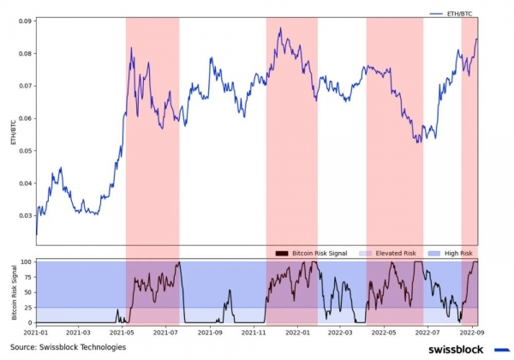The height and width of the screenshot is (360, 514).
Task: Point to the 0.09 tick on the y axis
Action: (x=25, y=21)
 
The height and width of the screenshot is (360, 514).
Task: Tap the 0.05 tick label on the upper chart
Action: (x=25, y=151)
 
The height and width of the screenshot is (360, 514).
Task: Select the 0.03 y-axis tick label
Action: (x=25, y=216)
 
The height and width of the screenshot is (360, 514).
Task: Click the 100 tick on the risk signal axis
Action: (x=26, y=261)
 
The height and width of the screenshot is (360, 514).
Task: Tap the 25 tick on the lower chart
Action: (x=27, y=308)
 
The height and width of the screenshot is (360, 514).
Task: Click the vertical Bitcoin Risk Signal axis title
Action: (x=12, y=291)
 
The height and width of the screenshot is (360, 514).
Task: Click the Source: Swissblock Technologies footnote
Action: (x=68, y=347)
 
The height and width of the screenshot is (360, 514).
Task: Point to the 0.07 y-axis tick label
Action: (x=25, y=86)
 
